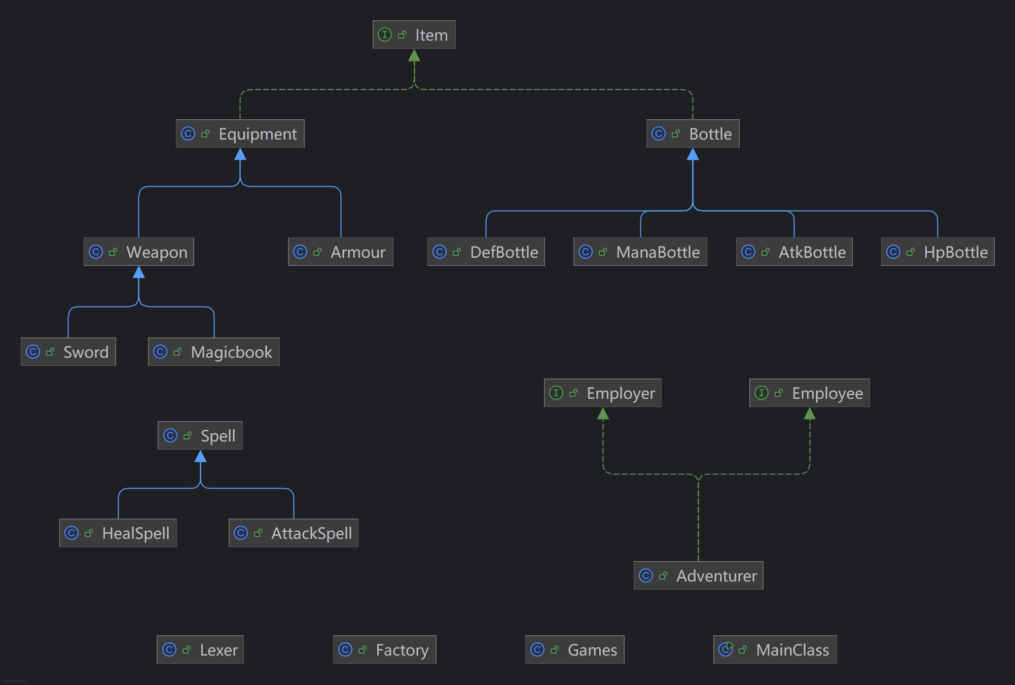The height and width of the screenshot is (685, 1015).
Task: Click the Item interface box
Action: point(414,35)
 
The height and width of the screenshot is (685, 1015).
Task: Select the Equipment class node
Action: point(240,134)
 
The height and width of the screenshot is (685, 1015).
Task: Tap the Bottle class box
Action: point(693,134)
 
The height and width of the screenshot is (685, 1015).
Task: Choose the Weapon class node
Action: point(138,252)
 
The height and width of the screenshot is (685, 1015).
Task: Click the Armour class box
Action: point(340,252)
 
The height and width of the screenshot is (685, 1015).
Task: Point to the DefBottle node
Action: point(486,252)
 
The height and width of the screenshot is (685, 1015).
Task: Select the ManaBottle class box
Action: point(640,252)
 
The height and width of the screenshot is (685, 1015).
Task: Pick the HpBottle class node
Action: point(937,252)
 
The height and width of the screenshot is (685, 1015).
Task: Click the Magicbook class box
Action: point(213,352)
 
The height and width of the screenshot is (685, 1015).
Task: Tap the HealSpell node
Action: point(118,533)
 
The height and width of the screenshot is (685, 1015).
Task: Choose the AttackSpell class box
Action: point(293,533)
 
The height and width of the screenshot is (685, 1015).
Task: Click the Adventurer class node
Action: point(698,576)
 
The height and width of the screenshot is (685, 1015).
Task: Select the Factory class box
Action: point(384,650)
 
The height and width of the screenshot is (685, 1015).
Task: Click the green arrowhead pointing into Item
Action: point(414,55)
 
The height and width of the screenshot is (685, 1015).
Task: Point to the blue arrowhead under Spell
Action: point(201,457)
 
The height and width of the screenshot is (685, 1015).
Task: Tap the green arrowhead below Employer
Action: point(603,414)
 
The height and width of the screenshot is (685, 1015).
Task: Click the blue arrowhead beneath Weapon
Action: point(139,272)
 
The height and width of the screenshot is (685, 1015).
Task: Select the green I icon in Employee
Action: point(761,393)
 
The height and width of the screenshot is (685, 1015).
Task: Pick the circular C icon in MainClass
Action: point(726,649)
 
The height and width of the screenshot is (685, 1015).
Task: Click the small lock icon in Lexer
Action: point(187,649)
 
